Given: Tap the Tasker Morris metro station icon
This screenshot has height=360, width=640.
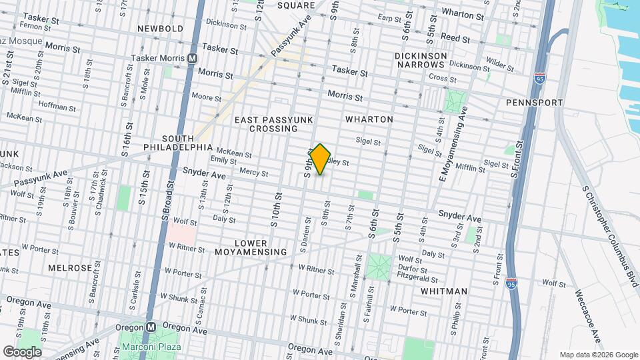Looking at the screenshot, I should (192, 59).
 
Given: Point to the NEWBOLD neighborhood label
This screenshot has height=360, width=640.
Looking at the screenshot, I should (160, 29).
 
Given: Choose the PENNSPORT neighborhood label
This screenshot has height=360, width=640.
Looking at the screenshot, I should (534, 103).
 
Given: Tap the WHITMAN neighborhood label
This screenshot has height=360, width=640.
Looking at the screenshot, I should (444, 291).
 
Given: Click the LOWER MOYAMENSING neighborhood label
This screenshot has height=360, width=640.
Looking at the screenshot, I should (251, 247).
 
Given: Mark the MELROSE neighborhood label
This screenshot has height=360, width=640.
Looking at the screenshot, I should (70, 268).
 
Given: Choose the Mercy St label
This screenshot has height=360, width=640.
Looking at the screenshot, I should (253, 173).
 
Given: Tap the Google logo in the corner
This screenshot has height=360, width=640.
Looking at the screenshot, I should (22, 352).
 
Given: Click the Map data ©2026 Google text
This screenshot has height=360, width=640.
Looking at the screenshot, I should (599, 355).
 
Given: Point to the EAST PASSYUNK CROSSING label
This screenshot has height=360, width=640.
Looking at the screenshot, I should (265, 124).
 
